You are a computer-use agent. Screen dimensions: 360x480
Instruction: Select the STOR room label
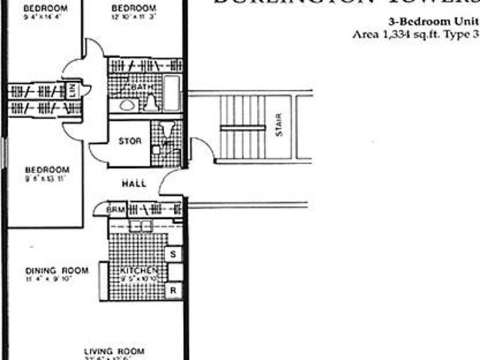tap(130, 140)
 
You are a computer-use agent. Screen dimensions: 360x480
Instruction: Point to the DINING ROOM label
tap(57, 271)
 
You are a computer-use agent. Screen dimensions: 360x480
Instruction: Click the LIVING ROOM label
tap(114, 351)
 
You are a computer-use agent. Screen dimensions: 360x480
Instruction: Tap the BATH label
tap(141, 88)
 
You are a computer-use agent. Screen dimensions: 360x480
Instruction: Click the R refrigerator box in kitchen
tap(173, 289)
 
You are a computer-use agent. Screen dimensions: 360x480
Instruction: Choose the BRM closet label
tap(115, 209)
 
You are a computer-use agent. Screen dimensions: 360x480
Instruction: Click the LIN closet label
tap(73, 91)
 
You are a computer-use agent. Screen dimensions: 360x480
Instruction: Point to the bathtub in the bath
tap(172, 93)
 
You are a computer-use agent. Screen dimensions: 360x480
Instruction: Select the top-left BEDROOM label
tap(45, 8)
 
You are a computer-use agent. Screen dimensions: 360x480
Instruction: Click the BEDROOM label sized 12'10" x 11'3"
tap(133, 8)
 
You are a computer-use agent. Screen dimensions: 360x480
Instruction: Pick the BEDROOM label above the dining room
tap(46, 169)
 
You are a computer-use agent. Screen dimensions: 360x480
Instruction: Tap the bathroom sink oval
tap(127, 104)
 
